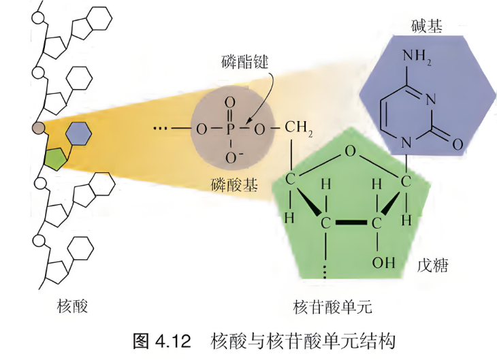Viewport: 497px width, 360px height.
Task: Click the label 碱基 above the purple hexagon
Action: (426, 26)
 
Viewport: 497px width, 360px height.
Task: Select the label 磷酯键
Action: (244, 61)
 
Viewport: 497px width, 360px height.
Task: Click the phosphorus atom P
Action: (230, 129)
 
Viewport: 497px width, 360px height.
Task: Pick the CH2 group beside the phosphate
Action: (299, 128)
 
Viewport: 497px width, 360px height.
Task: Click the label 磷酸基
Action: (234, 184)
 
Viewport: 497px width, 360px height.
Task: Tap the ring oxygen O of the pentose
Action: (350, 151)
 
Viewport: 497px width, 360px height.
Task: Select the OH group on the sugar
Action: (383, 263)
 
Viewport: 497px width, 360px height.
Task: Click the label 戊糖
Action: (432, 265)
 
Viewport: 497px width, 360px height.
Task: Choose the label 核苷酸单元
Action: (332, 307)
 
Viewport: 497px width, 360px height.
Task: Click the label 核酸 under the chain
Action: (72, 306)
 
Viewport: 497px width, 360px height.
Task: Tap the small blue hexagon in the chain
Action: (78, 134)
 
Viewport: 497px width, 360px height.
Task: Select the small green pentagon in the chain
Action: (56, 159)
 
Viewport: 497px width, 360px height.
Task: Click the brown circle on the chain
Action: (38, 128)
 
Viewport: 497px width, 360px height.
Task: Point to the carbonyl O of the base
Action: (458, 144)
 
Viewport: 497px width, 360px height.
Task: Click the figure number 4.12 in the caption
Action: (173, 342)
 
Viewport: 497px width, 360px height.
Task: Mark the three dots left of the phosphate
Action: (160, 129)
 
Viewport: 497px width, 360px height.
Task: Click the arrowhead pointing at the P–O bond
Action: (249, 121)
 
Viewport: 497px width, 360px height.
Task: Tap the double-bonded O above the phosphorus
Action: (230, 103)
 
